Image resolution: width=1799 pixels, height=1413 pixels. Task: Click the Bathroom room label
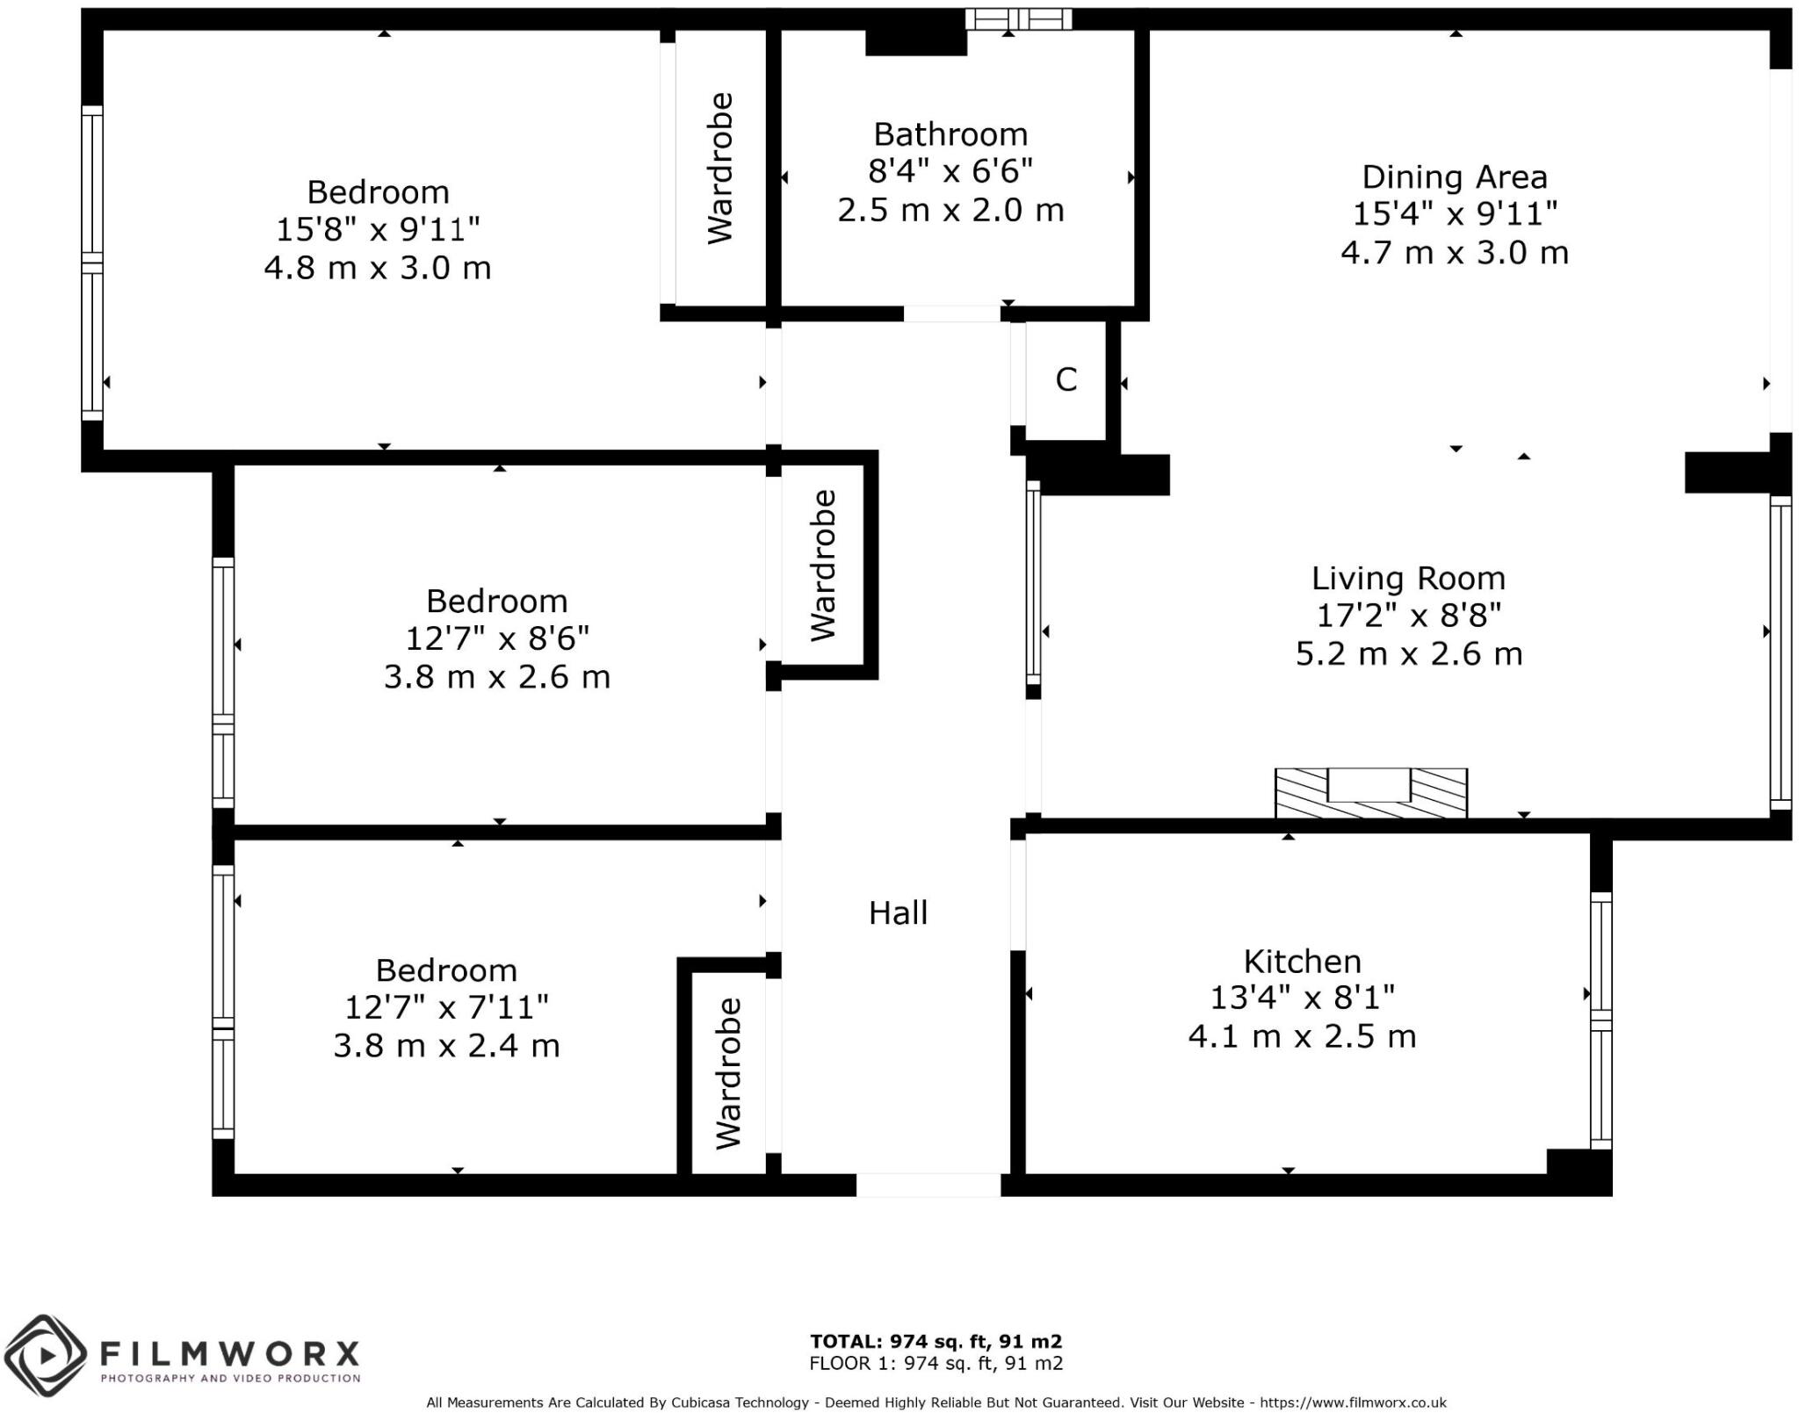pyautogui.click(x=950, y=134)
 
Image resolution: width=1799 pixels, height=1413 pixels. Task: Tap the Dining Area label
pyautogui.click(x=1454, y=177)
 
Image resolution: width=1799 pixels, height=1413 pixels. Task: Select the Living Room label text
pyautogui.click(x=1408, y=579)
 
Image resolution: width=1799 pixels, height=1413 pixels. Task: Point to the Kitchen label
pyautogui.click(x=1302, y=962)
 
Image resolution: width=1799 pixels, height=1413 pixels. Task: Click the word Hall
pyautogui.click(x=898, y=913)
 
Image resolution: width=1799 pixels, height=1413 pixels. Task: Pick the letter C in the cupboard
pyautogui.click(x=1066, y=379)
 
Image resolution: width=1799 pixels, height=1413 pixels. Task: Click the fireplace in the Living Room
pyautogui.click(x=1370, y=792)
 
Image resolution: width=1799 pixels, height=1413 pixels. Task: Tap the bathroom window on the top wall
pyautogui.click(x=1018, y=19)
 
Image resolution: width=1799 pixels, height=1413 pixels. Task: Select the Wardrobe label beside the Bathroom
pyautogui.click(x=720, y=168)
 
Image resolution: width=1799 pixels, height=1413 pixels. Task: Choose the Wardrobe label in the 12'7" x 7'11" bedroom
pyautogui.click(x=728, y=1073)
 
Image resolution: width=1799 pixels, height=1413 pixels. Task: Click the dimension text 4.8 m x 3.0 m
pyautogui.click(x=378, y=268)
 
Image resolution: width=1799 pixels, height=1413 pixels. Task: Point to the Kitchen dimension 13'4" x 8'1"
pyautogui.click(x=1302, y=998)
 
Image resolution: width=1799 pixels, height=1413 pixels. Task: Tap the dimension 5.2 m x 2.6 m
pyautogui.click(x=1408, y=654)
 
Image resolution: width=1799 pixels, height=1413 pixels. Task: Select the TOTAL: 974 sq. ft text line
pyautogui.click(x=936, y=1342)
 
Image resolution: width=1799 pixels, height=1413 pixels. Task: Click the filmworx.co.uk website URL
pyautogui.click(x=1353, y=1403)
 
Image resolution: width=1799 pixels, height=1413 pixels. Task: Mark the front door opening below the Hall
pyautogui.click(x=928, y=1185)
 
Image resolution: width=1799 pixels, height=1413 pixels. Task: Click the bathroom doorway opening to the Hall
pyautogui.click(x=952, y=314)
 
